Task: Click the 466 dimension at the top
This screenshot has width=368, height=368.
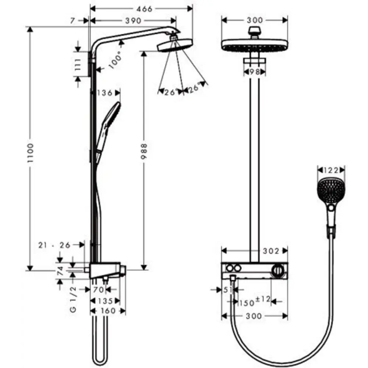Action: tap(142, 9)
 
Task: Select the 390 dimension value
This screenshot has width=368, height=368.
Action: tap(133, 21)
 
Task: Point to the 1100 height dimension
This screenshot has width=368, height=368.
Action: tap(30, 148)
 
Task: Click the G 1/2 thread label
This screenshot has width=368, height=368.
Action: tap(73, 300)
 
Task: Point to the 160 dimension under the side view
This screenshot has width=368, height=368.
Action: tap(108, 311)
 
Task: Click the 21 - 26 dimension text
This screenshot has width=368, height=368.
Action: tap(54, 245)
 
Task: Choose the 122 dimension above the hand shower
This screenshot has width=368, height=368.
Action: tap(331, 170)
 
